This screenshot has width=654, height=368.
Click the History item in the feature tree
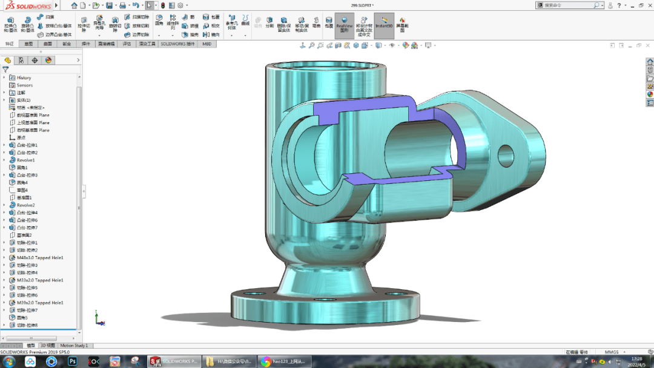click(x=24, y=77)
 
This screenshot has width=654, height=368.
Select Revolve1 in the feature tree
click(x=25, y=160)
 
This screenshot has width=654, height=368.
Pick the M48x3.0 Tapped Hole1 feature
click(x=40, y=258)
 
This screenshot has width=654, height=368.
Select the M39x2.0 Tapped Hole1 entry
click(x=40, y=303)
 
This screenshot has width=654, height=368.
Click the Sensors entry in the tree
click(x=24, y=85)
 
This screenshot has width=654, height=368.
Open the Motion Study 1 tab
click(x=74, y=346)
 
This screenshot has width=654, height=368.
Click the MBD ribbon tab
click(x=207, y=44)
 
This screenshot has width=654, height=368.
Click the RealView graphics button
click(x=344, y=26)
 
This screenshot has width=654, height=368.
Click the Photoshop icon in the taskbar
click(x=73, y=361)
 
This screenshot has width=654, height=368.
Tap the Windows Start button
click(x=8, y=361)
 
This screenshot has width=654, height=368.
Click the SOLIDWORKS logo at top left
click(x=27, y=5)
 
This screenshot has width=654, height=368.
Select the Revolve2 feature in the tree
click(x=25, y=205)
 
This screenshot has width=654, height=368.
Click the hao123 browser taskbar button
click(x=282, y=361)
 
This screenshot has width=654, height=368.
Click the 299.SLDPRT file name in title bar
click(x=362, y=5)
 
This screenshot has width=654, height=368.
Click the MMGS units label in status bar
click(x=612, y=352)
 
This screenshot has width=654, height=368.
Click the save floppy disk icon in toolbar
click(x=110, y=5)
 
